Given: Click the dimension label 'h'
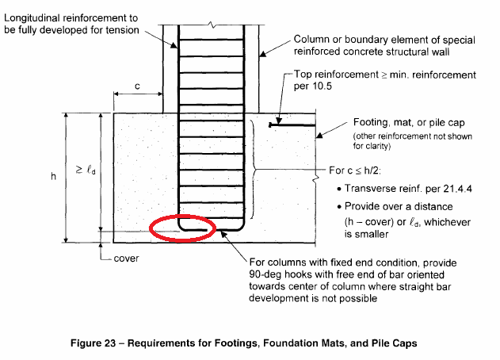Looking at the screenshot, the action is coord(53,176).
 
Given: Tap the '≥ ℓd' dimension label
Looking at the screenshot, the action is coord(85,170).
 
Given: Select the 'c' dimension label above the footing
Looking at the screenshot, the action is coord(137,86).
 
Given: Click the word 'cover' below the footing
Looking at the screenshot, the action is coord(126,259).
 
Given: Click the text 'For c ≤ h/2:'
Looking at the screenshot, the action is coord(355,170).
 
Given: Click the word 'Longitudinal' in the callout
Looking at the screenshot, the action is coord(32,18).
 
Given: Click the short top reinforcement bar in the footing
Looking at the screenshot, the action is coord(292,124).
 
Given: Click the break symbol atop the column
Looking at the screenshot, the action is coord(212,25).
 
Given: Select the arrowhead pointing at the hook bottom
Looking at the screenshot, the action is coord(223,234).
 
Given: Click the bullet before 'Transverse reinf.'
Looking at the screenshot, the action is coord(339,189).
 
